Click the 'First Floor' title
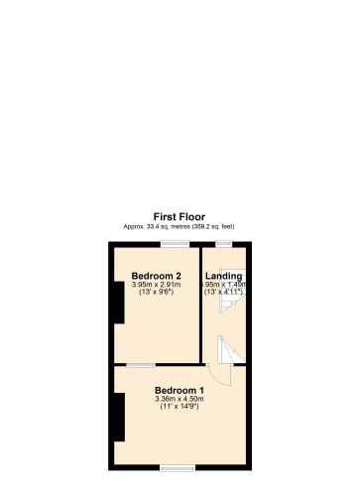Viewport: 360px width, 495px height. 180,216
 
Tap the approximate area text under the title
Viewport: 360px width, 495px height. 180,227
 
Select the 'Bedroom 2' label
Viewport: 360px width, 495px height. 156,275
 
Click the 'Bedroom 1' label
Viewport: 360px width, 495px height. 180,390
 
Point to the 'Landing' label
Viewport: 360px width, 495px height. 223,275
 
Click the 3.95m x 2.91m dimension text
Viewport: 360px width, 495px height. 156,284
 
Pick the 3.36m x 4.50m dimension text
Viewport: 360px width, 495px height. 180,399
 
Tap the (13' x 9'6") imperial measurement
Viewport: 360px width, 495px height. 156,293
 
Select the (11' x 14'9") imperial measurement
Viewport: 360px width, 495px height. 180,408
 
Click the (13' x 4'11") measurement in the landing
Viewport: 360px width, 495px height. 224,293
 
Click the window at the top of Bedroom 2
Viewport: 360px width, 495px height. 177,244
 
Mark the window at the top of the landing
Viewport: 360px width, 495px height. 224,244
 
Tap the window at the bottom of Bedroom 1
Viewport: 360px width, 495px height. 178,467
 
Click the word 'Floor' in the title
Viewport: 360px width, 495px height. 193,216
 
